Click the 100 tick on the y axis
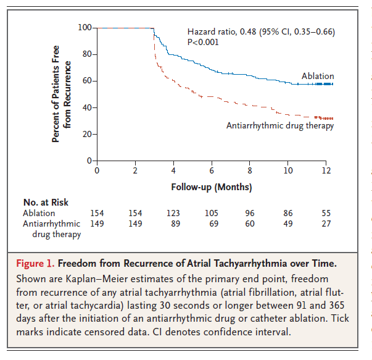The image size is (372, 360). [x=85, y=28]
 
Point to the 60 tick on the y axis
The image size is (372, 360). [x=87, y=81]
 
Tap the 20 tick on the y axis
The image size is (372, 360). [x=87, y=134]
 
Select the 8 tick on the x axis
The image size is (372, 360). [x=250, y=170]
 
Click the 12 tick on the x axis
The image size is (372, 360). [x=326, y=170]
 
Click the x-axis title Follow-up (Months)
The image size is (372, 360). [x=212, y=186]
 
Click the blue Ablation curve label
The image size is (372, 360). [x=318, y=76]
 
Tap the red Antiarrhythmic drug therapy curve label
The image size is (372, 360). [x=280, y=125]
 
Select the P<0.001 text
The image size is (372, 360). [x=203, y=42]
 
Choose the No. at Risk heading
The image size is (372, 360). [x=46, y=202]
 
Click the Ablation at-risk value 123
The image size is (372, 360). [x=173, y=213]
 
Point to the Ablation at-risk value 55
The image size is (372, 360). [x=326, y=213]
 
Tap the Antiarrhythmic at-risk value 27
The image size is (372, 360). [x=326, y=224]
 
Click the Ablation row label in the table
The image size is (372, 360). [x=39, y=213]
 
